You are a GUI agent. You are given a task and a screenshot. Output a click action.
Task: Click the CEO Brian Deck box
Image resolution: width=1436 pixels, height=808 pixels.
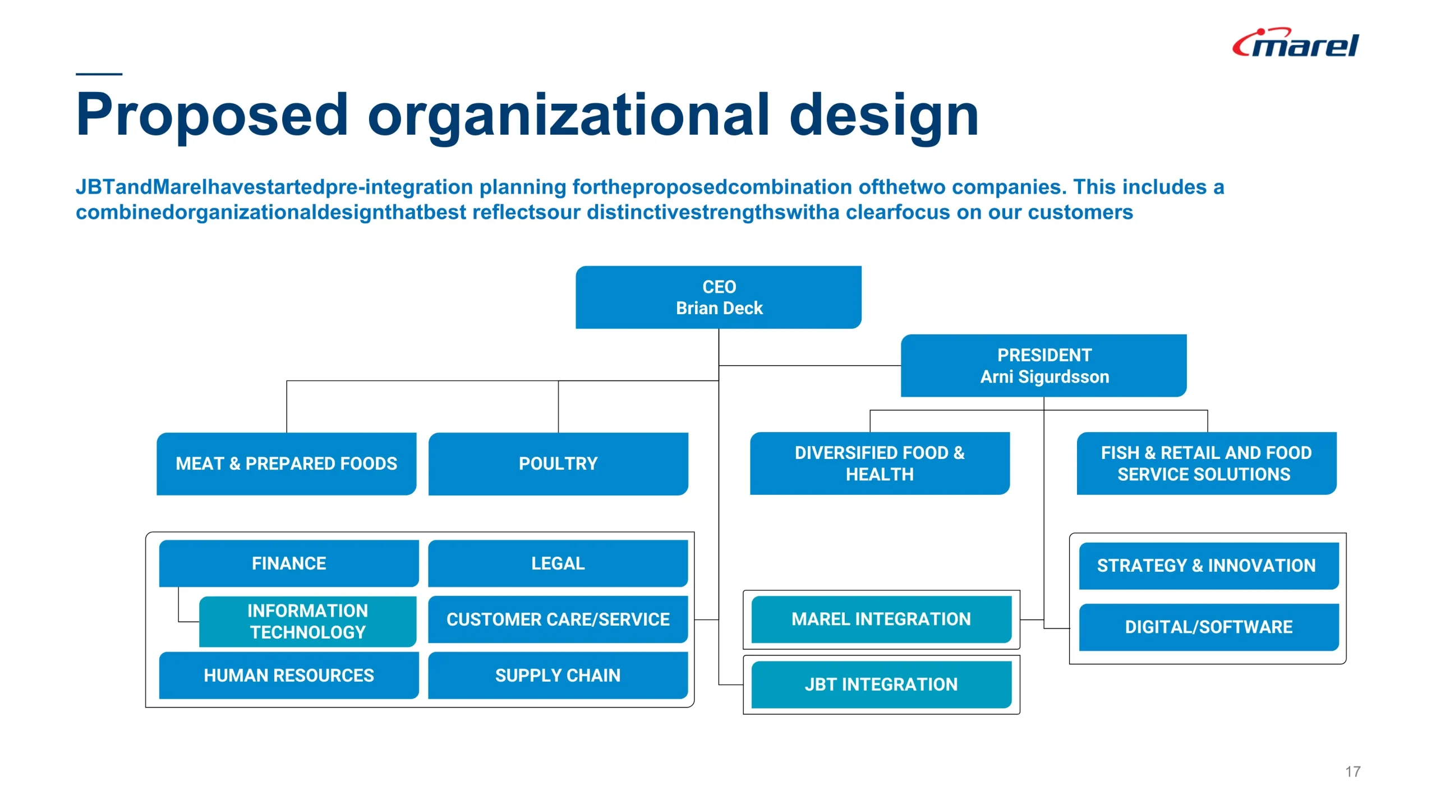coord(719,297)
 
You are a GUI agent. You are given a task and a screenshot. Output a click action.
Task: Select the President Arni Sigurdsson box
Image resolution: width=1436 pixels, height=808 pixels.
coord(1043,365)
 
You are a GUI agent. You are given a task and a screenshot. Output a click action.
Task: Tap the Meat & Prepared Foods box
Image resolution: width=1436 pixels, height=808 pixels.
coord(286,463)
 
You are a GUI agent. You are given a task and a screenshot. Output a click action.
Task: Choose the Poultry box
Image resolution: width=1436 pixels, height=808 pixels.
coord(558,463)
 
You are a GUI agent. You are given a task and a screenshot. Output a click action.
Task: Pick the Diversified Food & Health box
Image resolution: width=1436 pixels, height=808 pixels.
coord(880,463)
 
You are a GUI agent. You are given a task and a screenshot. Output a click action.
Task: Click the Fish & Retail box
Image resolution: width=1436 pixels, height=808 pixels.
coord(1207,463)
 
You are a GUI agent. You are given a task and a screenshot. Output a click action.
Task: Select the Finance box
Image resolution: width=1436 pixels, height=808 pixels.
coord(289,563)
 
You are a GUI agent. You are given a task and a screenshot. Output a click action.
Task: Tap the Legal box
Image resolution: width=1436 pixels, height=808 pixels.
coord(558,563)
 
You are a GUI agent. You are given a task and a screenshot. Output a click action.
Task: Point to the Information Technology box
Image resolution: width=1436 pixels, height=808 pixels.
coord(308,621)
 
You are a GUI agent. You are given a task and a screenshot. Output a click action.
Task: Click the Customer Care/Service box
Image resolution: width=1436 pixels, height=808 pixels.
coord(558,619)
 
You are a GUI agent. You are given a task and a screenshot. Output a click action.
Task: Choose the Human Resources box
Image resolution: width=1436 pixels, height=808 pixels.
coord(289,675)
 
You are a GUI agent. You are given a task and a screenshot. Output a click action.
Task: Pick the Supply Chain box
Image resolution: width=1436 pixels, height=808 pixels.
coord(558,675)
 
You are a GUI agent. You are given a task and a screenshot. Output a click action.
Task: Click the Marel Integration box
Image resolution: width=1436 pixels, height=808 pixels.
coord(881,619)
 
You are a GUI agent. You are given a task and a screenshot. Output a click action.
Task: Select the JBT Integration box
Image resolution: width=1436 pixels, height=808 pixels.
coord(881,685)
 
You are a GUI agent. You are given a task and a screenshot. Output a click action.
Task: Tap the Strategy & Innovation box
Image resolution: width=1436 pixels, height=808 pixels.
coord(1209,566)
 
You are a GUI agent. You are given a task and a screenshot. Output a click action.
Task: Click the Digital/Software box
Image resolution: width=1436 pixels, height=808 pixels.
coord(1209,627)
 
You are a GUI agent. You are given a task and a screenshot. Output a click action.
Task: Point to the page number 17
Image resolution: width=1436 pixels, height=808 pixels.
coord(1352,772)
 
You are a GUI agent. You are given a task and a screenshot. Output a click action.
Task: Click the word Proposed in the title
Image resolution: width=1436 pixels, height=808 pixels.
coord(213,116)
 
